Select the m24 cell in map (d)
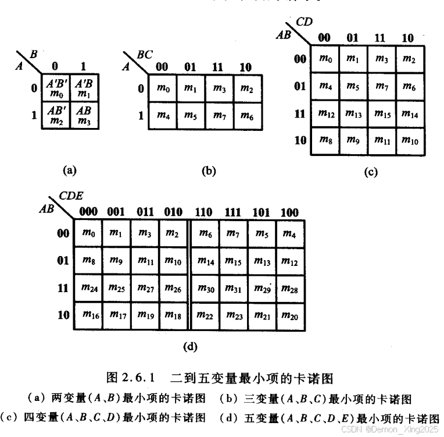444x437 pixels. click(x=88, y=287)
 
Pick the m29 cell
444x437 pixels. click(x=262, y=287)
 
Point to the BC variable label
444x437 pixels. click(x=145, y=55)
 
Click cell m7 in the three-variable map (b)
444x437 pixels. click(x=220, y=115)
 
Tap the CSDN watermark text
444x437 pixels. click(x=390, y=429)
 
